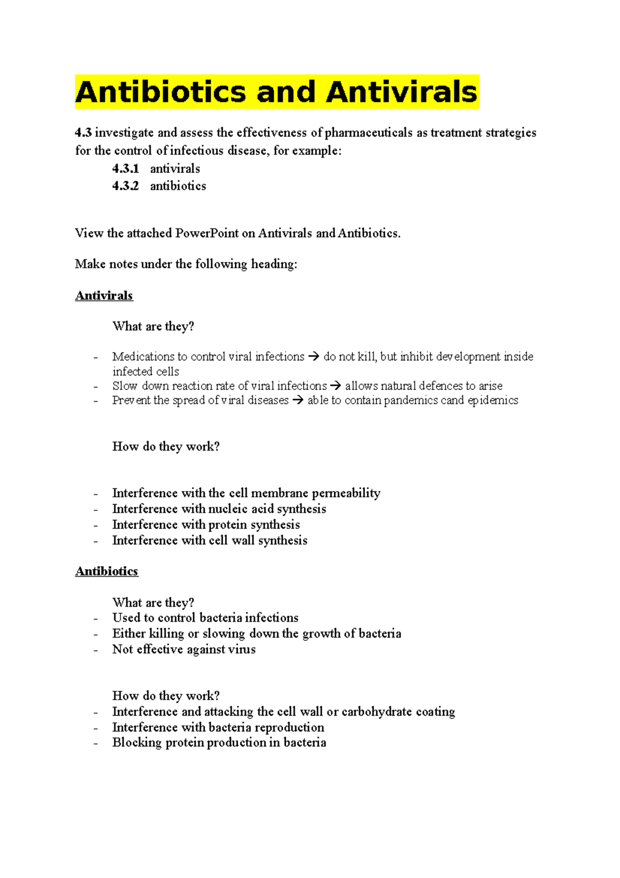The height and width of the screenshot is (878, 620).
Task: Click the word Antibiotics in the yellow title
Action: coord(161,92)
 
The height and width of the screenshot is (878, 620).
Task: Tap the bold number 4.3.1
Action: coord(126,169)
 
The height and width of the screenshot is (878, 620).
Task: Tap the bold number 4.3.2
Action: coord(126,186)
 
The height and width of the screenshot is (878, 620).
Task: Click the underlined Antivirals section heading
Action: coord(104,296)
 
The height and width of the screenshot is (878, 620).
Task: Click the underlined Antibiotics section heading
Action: coord(106,571)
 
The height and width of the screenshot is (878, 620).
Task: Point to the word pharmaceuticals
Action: coord(369,133)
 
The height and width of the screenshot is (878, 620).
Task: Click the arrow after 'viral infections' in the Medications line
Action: coord(314,357)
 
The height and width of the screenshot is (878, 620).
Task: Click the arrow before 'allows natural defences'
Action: coord(336,386)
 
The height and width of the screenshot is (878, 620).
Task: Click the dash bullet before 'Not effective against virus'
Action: coord(96,650)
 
